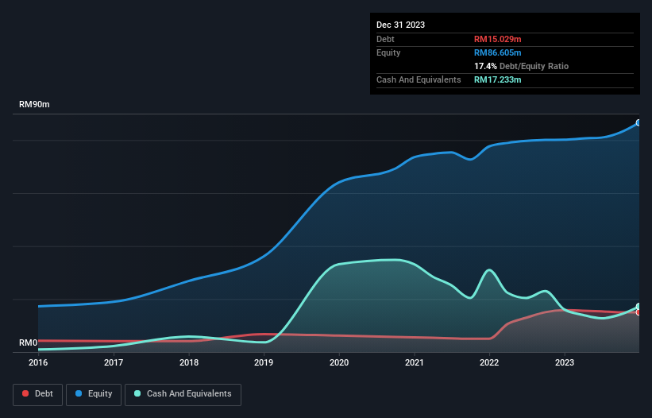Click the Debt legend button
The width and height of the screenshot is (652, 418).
click(x=37, y=393)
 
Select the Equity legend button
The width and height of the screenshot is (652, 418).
click(x=94, y=393)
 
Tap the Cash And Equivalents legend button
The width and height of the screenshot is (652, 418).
click(x=183, y=393)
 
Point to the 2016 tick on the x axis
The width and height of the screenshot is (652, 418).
click(x=38, y=362)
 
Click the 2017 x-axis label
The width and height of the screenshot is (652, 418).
click(x=114, y=362)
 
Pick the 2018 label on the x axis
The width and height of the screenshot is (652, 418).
click(x=189, y=362)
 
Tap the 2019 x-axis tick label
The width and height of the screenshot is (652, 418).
click(x=264, y=362)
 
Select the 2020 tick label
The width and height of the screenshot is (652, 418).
click(x=339, y=362)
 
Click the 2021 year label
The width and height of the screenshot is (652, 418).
click(x=414, y=362)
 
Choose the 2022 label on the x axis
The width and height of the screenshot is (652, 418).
click(x=489, y=362)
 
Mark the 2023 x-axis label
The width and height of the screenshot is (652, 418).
click(x=564, y=362)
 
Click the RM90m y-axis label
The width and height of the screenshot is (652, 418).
click(x=34, y=105)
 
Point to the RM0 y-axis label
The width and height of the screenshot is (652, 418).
click(x=29, y=343)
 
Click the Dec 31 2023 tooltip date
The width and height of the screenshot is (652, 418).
click(x=400, y=25)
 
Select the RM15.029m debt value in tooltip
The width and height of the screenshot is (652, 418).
click(x=497, y=39)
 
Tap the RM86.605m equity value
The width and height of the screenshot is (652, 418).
click(x=497, y=52)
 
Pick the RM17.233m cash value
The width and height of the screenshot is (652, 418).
click(x=497, y=79)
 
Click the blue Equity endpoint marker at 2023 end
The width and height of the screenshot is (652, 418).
click(x=638, y=123)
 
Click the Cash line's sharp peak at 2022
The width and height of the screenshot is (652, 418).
click(x=489, y=270)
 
